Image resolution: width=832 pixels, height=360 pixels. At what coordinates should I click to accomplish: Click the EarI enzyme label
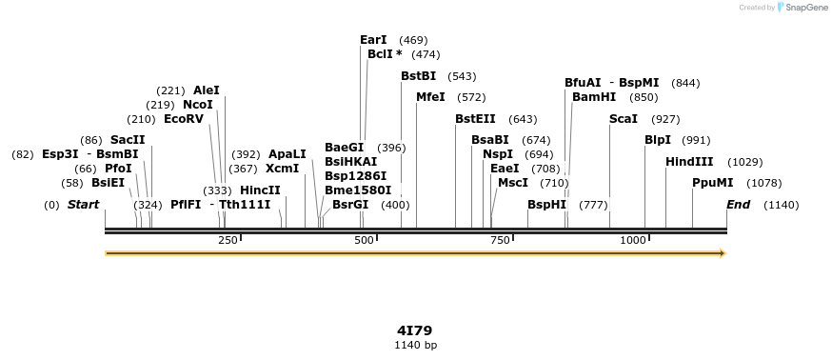point(373,40)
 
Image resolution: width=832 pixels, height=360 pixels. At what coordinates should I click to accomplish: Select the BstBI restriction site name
point(418,76)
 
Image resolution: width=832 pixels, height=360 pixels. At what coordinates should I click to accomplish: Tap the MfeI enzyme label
point(431,97)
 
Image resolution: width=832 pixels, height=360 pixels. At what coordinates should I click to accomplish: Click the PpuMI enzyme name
point(712,183)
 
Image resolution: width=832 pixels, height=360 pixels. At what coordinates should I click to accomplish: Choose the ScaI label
point(624,119)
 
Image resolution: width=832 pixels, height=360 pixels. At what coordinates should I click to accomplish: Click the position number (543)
point(462,76)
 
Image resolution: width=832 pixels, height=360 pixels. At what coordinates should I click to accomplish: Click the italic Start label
point(83,205)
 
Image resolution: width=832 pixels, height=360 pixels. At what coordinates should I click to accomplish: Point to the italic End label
point(738,205)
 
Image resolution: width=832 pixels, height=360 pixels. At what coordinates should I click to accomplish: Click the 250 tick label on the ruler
point(228,241)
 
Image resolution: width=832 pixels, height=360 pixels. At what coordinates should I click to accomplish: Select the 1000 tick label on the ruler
point(633,241)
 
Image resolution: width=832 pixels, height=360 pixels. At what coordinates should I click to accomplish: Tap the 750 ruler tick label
point(500,241)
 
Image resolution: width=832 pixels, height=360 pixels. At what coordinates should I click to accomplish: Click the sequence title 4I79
point(416,330)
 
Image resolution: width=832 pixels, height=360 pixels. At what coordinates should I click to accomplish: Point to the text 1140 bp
point(416,345)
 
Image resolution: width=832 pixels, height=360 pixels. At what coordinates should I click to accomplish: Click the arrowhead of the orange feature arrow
point(723,253)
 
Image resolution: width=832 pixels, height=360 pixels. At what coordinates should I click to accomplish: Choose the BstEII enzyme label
point(475,119)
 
